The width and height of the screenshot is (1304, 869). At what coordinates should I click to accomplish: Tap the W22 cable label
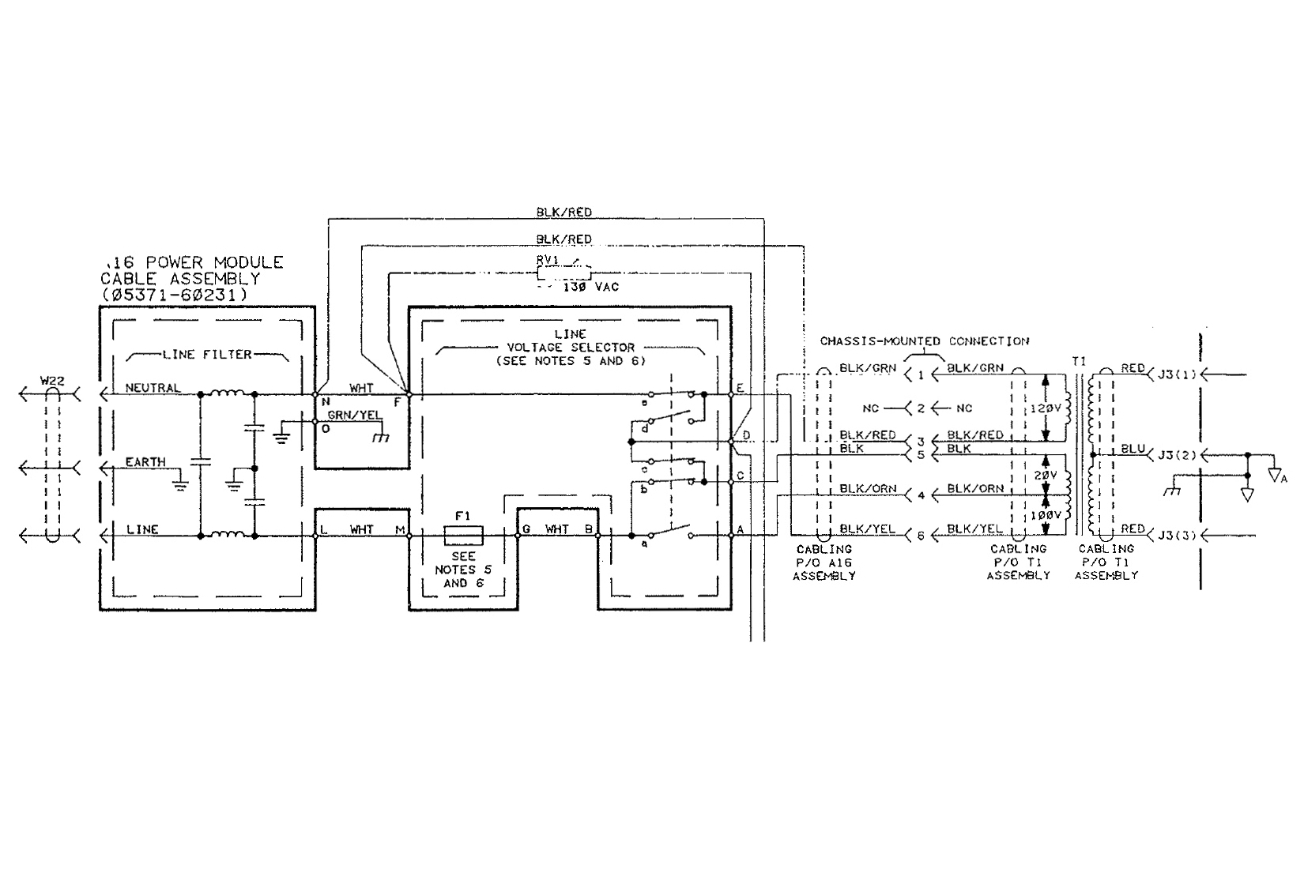tap(52, 381)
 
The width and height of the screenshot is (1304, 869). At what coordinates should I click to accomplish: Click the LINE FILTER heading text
tap(207, 355)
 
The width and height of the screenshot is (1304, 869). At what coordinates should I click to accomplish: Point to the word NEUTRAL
tap(153, 388)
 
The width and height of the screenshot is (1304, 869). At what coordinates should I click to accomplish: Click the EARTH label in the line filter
tap(145, 461)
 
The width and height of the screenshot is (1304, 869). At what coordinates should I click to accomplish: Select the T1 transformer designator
tap(1079, 361)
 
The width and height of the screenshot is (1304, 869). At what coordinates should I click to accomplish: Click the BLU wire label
tap(1133, 449)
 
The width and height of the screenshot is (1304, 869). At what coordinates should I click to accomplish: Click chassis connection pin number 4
tap(921, 496)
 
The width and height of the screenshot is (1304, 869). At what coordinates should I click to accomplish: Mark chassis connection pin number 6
tap(921, 536)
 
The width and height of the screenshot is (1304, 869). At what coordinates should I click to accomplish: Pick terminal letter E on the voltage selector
tap(740, 388)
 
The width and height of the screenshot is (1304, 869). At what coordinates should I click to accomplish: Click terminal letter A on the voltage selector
tap(741, 529)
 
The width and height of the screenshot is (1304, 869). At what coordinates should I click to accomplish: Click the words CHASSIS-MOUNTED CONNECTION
tap(925, 341)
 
